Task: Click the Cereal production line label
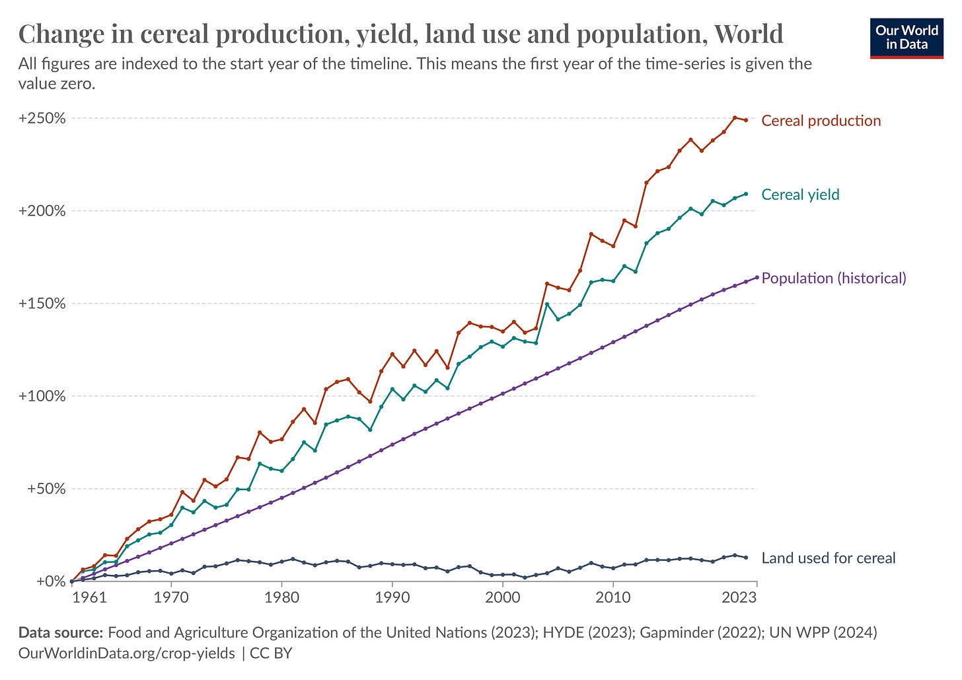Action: [821, 120]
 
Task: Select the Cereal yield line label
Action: [800, 194]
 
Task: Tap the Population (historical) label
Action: [834, 278]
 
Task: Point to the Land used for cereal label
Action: [829, 558]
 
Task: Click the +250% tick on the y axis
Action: [42, 118]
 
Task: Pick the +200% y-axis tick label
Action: [42, 211]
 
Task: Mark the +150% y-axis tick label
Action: [42, 304]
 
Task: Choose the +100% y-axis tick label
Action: [42, 396]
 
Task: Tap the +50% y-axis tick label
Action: [46, 489]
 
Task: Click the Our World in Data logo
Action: [906, 38]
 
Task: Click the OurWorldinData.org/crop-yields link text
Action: [126, 654]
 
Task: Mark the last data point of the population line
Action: [757, 277]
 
